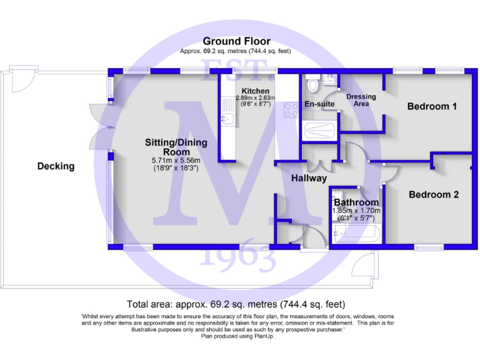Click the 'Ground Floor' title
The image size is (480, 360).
point(236,41)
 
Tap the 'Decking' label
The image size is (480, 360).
point(56,166)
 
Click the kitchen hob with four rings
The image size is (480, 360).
point(291,111)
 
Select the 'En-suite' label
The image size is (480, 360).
point(317,104)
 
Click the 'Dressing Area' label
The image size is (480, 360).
point(361,100)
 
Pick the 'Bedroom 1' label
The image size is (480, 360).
point(432,107)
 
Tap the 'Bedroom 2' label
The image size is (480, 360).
point(434,195)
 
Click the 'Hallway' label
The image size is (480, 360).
point(309,179)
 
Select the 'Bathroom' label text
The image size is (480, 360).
point(356,202)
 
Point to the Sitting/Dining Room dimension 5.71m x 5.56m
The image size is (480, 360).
point(176,160)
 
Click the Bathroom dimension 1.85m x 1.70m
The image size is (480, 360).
point(356,211)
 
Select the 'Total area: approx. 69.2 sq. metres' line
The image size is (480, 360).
point(235,304)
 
